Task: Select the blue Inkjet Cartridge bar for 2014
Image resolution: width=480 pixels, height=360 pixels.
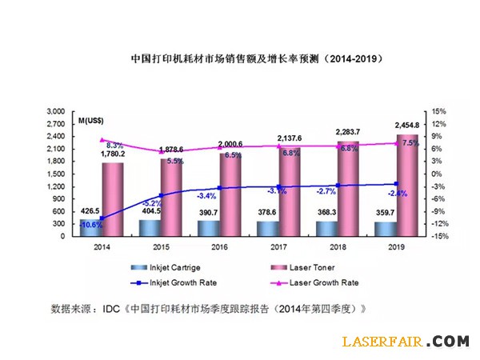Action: [90, 228]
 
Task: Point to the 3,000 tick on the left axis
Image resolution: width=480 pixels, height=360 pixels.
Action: [55, 111]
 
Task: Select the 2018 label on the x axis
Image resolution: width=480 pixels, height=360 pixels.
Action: [335, 247]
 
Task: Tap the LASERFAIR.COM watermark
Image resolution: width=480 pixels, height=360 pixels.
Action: [405, 342]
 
